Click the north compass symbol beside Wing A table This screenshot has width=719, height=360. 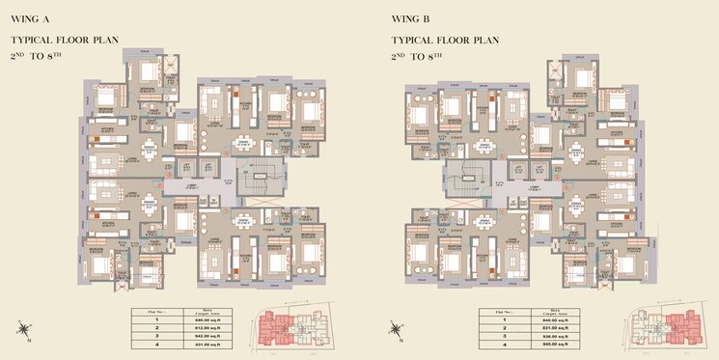click(x=22, y=329)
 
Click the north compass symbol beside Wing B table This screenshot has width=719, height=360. click(x=396, y=329)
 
